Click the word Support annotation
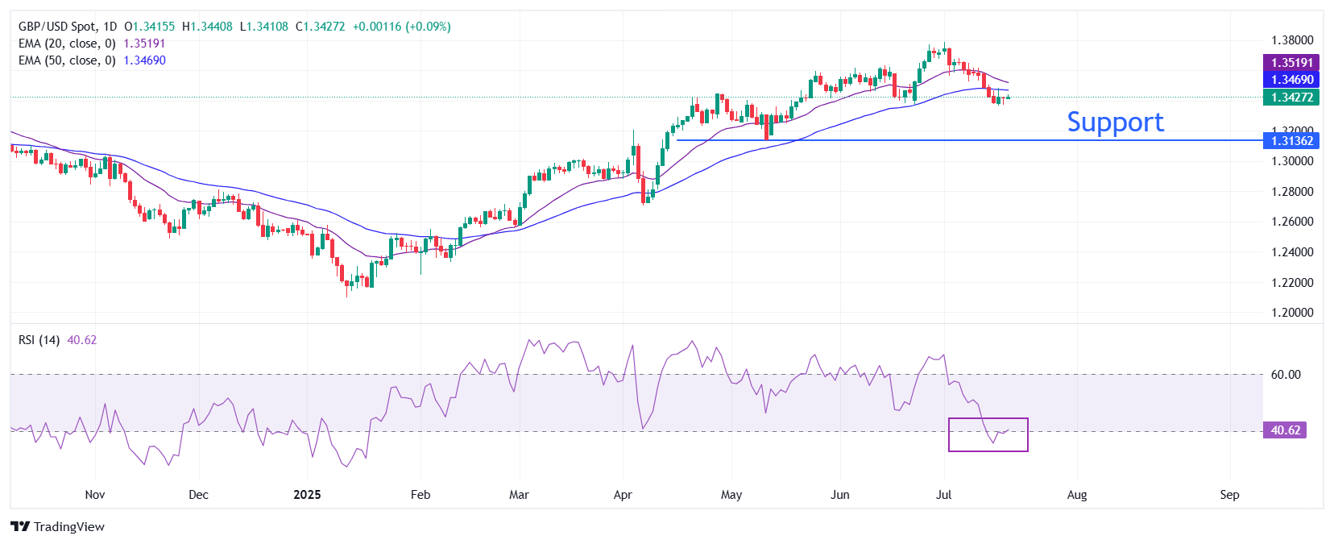click(1115, 122)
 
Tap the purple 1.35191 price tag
click(1291, 62)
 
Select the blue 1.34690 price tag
click(1291, 79)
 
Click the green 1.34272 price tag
click(1291, 97)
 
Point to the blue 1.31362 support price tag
click(1291, 140)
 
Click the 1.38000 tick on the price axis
click(1291, 40)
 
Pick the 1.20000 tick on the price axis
click(1291, 313)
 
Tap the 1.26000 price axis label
click(1291, 222)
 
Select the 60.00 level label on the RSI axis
click(1286, 374)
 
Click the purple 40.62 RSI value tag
click(1285, 430)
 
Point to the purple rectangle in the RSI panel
click(988, 434)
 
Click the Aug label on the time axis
click(1076, 495)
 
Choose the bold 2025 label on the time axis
click(307, 495)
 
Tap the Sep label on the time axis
click(1229, 495)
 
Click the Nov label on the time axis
click(95, 495)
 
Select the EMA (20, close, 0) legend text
click(67, 44)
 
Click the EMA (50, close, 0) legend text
click(67, 60)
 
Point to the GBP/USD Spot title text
click(56, 27)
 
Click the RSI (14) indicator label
click(39, 340)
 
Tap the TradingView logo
click(58, 526)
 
